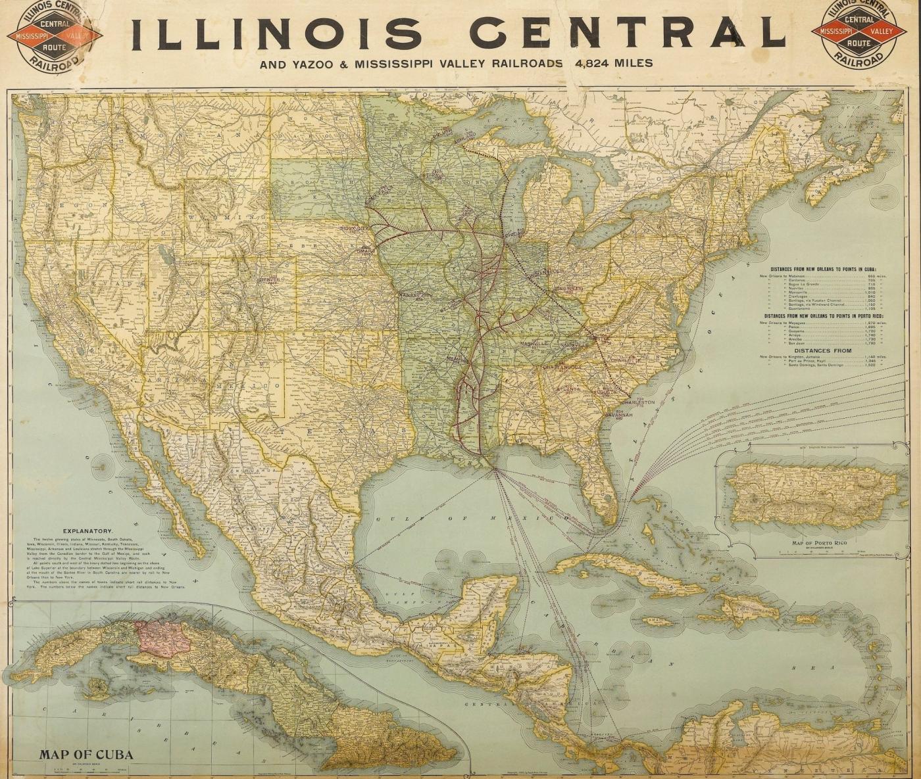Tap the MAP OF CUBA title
86,754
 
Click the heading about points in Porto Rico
827,316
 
